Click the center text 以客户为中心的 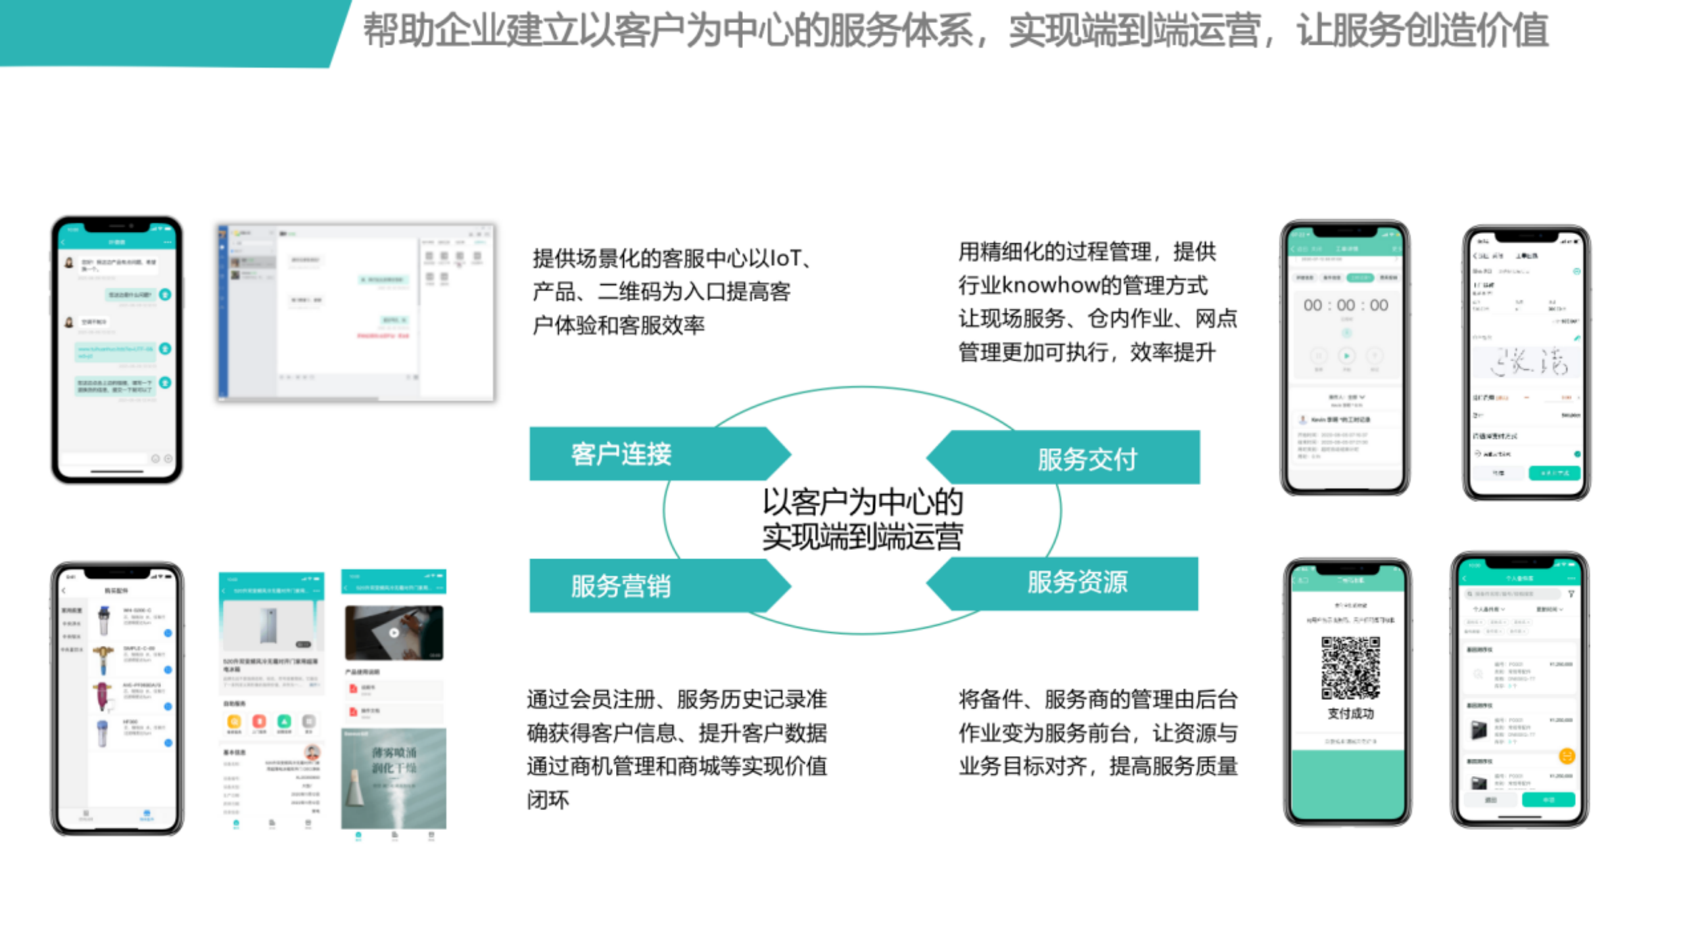(x=862, y=502)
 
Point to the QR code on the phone (x=1350, y=668)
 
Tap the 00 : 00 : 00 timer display (x=1345, y=306)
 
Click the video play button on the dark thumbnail (x=394, y=633)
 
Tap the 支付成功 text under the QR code (x=1350, y=714)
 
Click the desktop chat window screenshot (x=356, y=313)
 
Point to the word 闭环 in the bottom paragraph (x=548, y=800)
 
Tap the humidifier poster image (x=393, y=778)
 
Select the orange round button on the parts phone (x=1567, y=756)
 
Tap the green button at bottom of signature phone (x=1554, y=473)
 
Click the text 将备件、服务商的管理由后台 (x=1097, y=699)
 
